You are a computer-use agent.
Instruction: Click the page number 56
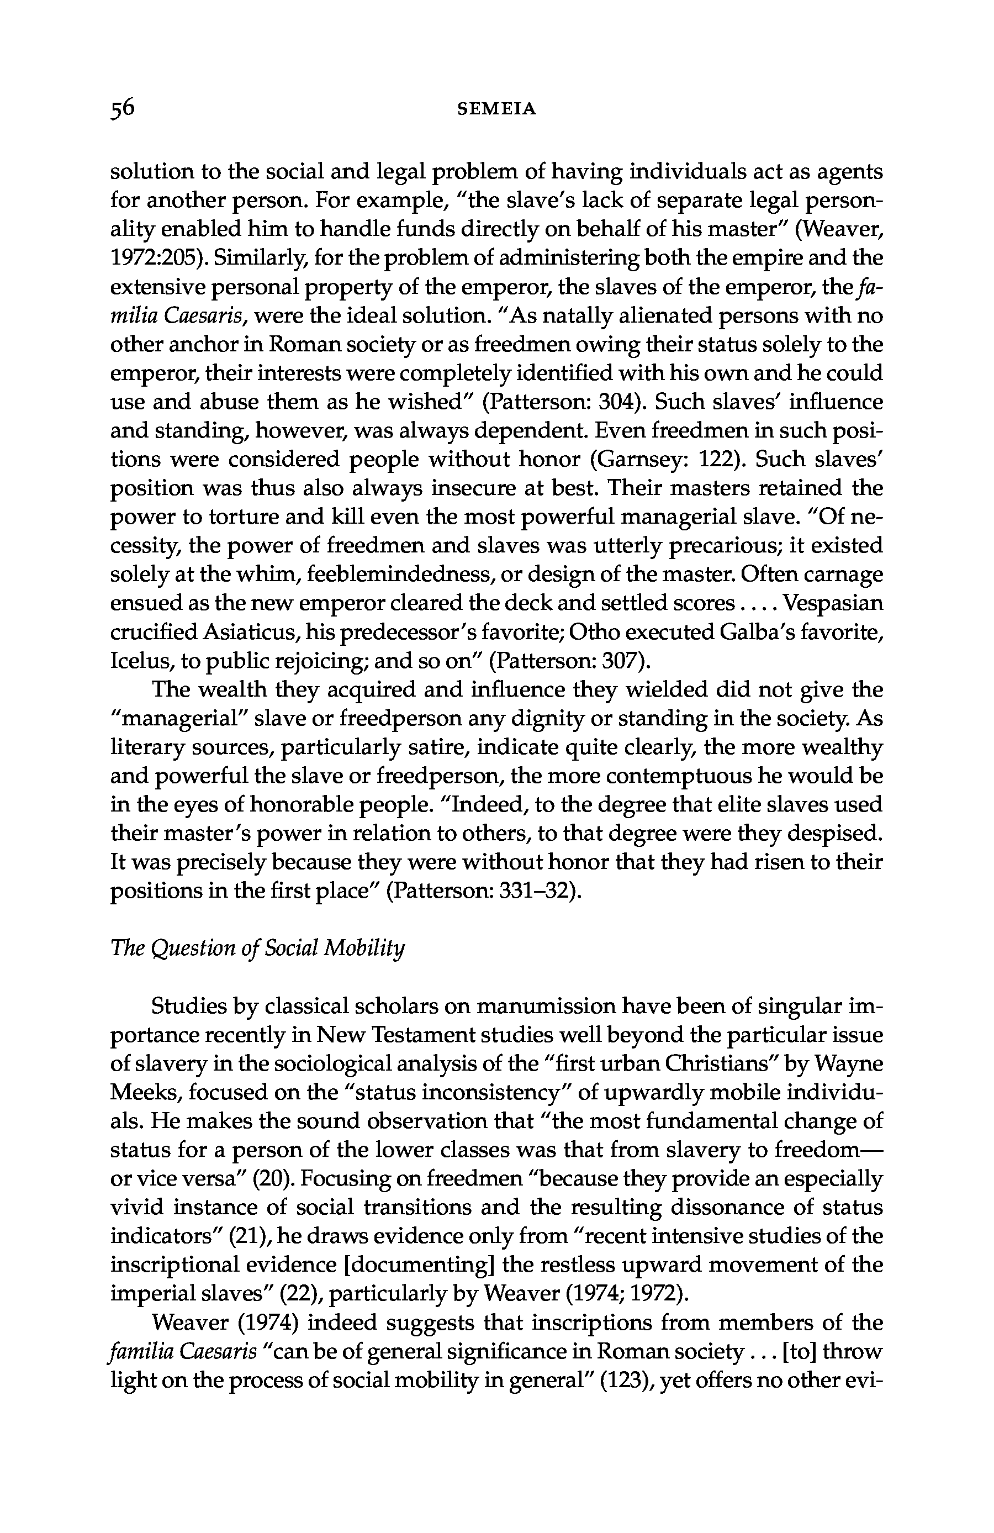click(123, 108)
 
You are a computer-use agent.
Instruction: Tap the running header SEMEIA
click(496, 109)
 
